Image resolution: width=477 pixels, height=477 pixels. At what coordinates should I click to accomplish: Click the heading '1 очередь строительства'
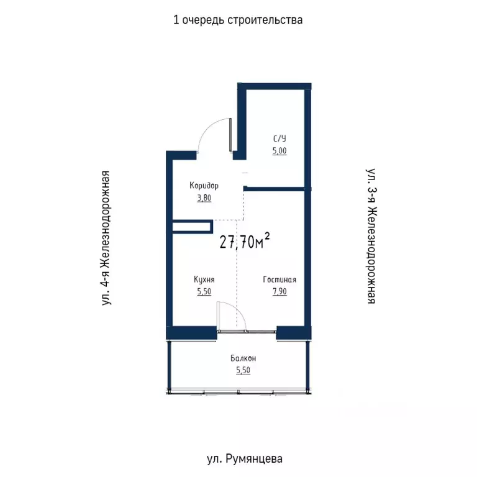tap(238, 20)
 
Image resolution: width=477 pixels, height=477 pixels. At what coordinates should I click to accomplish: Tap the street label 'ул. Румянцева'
tap(244, 459)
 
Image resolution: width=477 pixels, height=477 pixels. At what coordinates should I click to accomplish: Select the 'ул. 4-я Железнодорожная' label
tap(107, 238)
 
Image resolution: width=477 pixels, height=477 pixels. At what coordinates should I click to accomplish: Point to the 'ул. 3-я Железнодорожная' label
tap(371, 235)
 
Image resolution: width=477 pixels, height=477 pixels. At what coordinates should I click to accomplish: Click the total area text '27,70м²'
tap(245, 242)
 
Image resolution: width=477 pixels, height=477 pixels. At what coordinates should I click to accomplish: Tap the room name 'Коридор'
tap(204, 186)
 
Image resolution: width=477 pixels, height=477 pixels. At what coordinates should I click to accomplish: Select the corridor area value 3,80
tap(204, 199)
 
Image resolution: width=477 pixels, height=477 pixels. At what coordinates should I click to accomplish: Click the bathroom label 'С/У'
tap(279, 139)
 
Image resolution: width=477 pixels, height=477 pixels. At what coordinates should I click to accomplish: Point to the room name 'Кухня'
tap(204, 279)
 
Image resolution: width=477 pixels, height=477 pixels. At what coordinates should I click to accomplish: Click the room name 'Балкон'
tap(243, 358)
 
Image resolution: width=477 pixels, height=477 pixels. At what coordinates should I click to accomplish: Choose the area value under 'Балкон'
tap(243, 371)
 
